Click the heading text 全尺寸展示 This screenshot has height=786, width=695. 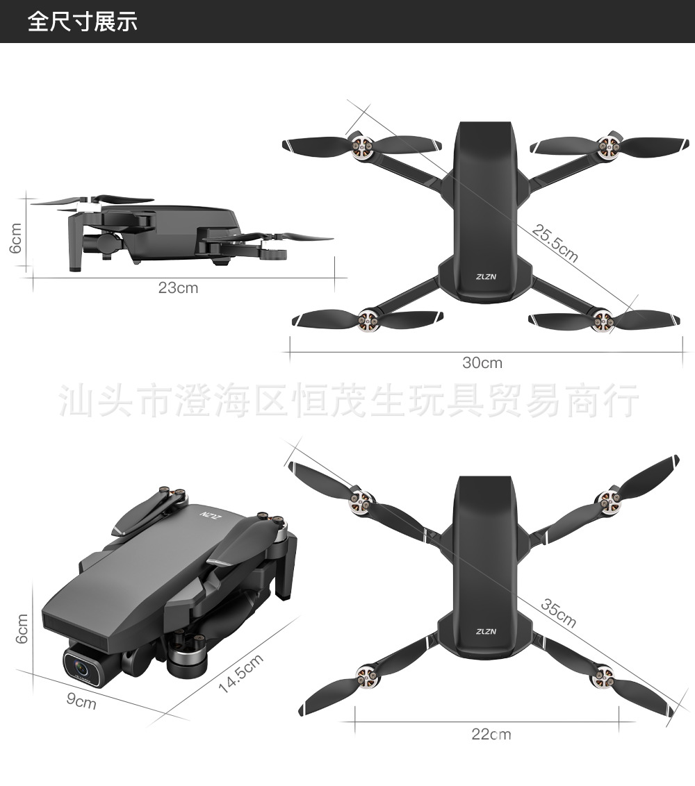(83, 22)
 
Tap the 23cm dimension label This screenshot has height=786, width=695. (178, 287)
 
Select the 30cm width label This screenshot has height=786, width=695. (482, 362)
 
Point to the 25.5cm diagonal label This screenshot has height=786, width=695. (555, 244)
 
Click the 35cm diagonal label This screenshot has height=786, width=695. (559, 612)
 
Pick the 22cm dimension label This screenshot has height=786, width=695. (491, 734)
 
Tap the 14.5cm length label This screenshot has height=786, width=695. (240, 673)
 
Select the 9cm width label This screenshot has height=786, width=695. (81, 701)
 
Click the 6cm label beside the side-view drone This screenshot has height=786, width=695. (16, 237)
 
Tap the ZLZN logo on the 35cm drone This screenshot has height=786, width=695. (486, 631)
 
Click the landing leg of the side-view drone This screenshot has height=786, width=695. (75, 243)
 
